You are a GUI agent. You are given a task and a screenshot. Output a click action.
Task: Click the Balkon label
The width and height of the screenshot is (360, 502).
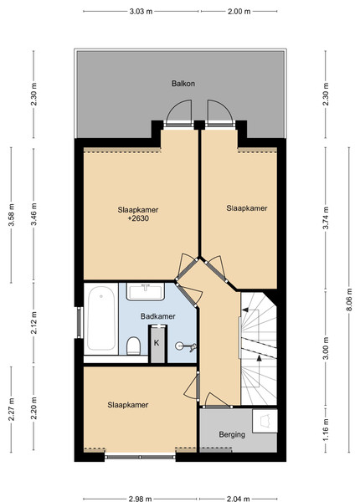click(183, 84)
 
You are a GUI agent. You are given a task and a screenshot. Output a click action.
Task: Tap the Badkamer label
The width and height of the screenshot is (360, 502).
click(158, 316)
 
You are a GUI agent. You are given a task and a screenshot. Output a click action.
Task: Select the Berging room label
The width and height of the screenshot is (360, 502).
click(232, 434)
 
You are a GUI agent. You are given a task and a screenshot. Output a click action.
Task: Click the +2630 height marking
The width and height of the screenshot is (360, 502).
click(138, 218)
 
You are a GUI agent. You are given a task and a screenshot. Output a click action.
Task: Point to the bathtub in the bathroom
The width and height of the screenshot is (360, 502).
click(101, 319)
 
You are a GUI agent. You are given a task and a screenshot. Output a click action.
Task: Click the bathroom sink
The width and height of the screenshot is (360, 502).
click(146, 291)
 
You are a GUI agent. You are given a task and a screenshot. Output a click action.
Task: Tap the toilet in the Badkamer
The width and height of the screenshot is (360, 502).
click(133, 346)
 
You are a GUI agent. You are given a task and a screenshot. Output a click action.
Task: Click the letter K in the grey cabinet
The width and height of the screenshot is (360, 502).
click(157, 343)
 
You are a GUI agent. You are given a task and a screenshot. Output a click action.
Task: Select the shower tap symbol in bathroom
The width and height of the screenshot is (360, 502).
click(186, 346)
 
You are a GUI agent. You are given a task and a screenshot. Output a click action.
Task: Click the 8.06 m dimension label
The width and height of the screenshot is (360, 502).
click(349, 300)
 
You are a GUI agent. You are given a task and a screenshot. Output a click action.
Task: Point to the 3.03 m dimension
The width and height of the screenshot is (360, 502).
click(141, 12)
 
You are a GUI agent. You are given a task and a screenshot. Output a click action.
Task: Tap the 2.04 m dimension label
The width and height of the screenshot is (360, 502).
click(238, 499)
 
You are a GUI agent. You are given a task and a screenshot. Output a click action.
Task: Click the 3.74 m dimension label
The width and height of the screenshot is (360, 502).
click(326, 218)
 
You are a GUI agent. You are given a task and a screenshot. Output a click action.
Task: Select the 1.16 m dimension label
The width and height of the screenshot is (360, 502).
click(326, 430)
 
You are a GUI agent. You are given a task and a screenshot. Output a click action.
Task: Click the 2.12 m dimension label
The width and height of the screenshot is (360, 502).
click(33, 323)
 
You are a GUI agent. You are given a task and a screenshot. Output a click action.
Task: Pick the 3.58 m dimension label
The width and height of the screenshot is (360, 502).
click(11, 214)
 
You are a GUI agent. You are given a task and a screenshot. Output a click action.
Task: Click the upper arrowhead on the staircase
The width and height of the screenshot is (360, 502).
click(245, 310)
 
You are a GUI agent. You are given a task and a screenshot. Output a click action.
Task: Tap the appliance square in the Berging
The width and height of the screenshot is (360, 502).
click(265, 421)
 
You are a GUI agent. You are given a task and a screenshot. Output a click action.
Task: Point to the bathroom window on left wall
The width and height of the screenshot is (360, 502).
click(80, 322)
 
